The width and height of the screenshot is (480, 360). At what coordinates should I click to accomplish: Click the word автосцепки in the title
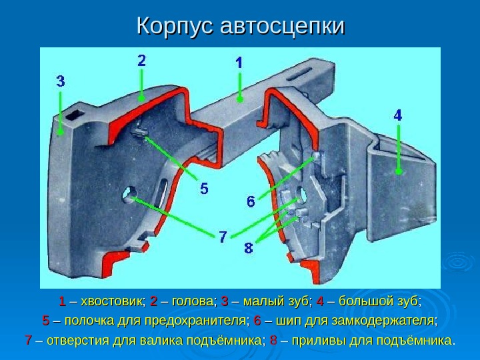point(281,26)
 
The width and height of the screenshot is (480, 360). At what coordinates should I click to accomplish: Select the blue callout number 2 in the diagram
point(142,59)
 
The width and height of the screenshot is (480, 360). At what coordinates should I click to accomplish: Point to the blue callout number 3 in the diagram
point(60,81)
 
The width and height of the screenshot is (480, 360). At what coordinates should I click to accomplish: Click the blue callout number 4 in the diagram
point(398,115)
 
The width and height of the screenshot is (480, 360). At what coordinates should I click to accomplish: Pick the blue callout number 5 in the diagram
point(204,189)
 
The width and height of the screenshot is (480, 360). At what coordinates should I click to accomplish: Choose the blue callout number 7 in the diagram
point(224,235)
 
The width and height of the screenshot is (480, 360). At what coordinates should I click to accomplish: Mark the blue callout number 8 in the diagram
point(248,249)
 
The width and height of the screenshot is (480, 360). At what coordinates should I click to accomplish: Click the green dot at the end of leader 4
point(399,171)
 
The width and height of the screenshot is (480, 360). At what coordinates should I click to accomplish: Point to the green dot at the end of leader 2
point(142,98)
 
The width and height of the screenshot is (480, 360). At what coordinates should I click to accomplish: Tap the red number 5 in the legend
point(46,322)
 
